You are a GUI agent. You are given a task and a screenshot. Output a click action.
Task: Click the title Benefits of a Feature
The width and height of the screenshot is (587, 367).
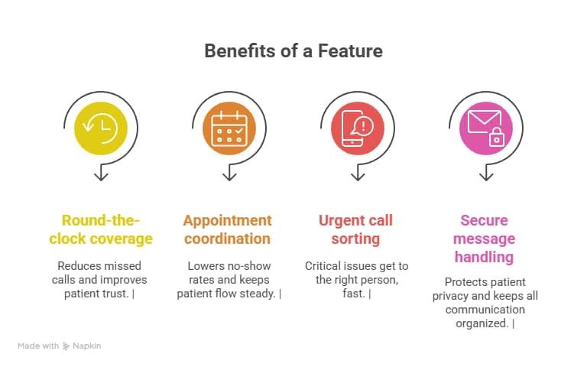click(x=293, y=51)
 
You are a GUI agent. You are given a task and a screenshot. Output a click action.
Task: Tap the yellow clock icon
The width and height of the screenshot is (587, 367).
click(x=101, y=128)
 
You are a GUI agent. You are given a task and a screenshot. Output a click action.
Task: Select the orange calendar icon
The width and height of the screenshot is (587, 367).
click(x=229, y=128)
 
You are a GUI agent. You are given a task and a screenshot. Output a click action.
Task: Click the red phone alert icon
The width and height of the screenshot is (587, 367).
click(x=357, y=128)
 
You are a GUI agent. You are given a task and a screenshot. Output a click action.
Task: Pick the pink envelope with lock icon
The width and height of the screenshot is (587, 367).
click(x=485, y=128)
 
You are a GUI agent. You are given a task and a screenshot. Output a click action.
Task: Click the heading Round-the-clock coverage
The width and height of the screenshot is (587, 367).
click(x=101, y=229)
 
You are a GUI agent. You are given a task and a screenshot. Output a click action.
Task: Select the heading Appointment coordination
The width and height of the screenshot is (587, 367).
click(x=227, y=229)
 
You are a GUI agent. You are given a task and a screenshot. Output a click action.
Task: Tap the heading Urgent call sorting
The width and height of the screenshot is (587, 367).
click(x=355, y=229)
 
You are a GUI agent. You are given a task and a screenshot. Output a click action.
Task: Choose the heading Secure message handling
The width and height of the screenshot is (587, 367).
click(x=484, y=239)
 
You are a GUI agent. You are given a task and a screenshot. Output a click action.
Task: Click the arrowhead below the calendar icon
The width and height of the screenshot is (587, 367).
click(x=229, y=177)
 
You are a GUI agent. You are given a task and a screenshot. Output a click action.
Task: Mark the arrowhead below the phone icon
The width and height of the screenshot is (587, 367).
click(x=357, y=177)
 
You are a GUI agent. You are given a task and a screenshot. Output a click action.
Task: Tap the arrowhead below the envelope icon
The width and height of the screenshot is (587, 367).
click(x=485, y=177)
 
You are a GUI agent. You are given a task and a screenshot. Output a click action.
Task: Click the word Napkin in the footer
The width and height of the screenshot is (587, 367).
click(x=86, y=346)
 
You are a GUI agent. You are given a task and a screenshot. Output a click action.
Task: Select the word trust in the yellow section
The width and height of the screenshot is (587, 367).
click(x=115, y=294)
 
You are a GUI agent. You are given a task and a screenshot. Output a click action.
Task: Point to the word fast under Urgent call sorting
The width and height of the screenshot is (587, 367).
click(x=355, y=294)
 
